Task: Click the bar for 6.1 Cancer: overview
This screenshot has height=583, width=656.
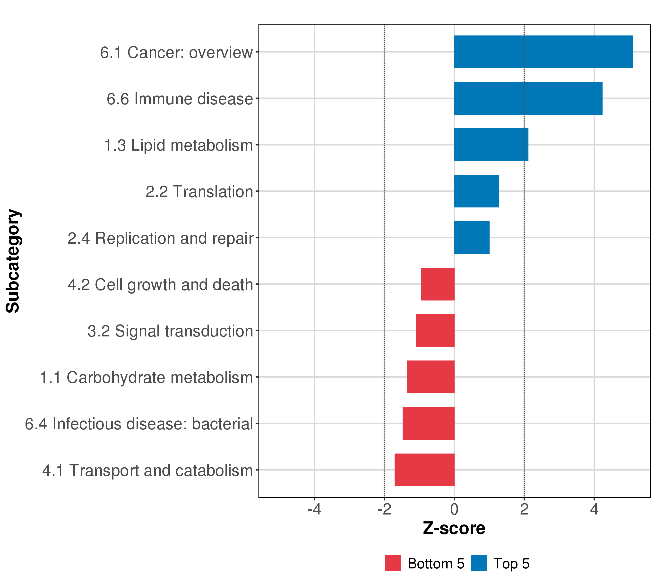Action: click(x=543, y=52)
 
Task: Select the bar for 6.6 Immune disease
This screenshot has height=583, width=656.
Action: click(x=528, y=98)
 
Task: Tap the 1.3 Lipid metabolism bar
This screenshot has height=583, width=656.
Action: click(x=491, y=145)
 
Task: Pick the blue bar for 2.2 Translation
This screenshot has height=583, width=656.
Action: click(x=476, y=191)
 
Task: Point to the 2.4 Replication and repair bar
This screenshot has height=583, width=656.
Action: click(x=472, y=238)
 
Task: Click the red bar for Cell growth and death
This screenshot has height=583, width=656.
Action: click(x=438, y=284)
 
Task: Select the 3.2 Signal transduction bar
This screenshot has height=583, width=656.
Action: click(x=435, y=330)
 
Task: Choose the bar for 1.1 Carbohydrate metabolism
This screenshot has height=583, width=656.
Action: click(x=431, y=377)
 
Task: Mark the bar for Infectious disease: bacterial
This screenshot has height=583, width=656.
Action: click(x=428, y=424)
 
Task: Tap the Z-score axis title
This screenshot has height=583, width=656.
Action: click(x=454, y=528)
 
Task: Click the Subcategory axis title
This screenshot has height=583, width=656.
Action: click(x=13, y=261)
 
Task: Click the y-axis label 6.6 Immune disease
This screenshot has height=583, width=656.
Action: click(x=180, y=99)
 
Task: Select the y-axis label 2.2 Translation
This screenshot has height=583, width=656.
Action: click(x=199, y=192)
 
